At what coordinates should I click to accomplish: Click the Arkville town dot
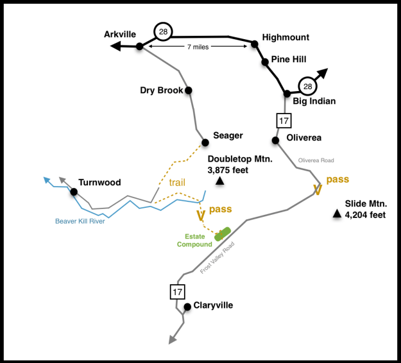139,46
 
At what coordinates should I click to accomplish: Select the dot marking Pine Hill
264,62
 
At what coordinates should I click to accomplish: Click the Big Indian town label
314,101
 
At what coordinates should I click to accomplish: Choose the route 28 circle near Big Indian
307,86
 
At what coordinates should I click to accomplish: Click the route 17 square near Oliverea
284,120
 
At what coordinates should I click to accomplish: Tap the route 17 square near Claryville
178,292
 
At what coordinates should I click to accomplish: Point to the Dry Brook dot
189,90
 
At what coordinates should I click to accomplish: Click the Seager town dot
205,142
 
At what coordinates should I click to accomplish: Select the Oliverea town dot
275,140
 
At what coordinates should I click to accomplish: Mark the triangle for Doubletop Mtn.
220,182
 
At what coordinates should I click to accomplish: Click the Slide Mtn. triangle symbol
337,214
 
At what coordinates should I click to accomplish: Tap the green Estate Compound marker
223,234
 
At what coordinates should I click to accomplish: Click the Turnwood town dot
74,192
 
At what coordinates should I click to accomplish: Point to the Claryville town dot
187,307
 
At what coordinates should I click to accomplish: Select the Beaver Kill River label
80,221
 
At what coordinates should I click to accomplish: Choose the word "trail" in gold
177,182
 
